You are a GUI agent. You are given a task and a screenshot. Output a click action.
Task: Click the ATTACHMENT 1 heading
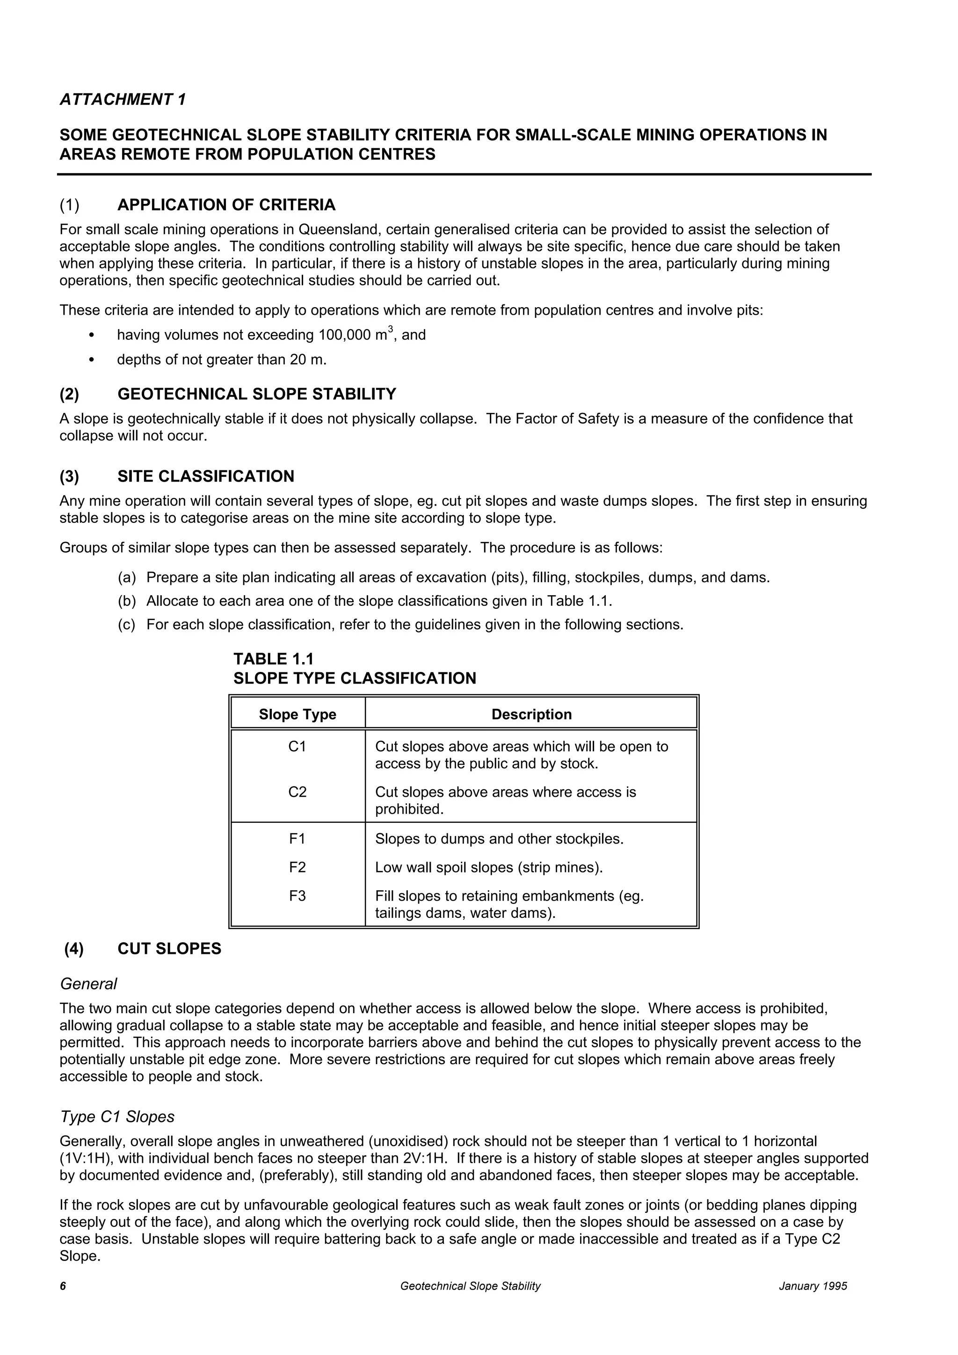click(x=123, y=100)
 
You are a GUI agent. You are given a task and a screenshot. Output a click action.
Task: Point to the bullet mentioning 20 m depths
click(x=221, y=360)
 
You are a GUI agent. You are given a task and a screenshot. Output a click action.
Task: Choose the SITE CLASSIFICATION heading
click(x=205, y=476)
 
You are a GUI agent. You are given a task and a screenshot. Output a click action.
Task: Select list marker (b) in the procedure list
click(x=126, y=601)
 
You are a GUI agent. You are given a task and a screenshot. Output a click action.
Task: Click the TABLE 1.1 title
click(x=273, y=659)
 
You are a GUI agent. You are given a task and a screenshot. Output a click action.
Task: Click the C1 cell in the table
click(x=298, y=747)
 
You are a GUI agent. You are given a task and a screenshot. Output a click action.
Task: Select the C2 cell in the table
click(x=298, y=792)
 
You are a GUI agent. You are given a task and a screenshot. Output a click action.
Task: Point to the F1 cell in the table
click(x=298, y=839)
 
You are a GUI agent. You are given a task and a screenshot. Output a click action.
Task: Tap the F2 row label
click(x=298, y=867)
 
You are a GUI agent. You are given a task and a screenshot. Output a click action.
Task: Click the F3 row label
click(x=298, y=896)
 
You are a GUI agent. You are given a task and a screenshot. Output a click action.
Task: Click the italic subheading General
click(x=88, y=984)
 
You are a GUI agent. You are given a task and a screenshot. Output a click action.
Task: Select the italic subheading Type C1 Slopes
click(x=117, y=1117)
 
